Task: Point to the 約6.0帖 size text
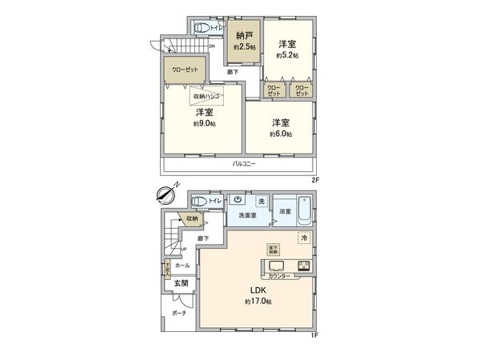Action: click(x=280, y=134)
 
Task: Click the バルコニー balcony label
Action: click(x=243, y=163)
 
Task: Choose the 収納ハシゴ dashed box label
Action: click(x=206, y=96)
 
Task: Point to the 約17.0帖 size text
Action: click(x=258, y=302)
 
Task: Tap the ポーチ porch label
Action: click(x=179, y=314)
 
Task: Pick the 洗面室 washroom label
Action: click(x=247, y=216)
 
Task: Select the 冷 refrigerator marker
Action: click(x=304, y=238)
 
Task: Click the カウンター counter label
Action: click(x=279, y=276)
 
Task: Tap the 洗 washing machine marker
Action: click(x=261, y=199)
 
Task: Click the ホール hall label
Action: click(x=182, y=264)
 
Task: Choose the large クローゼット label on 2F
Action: click(x=185, y=70)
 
